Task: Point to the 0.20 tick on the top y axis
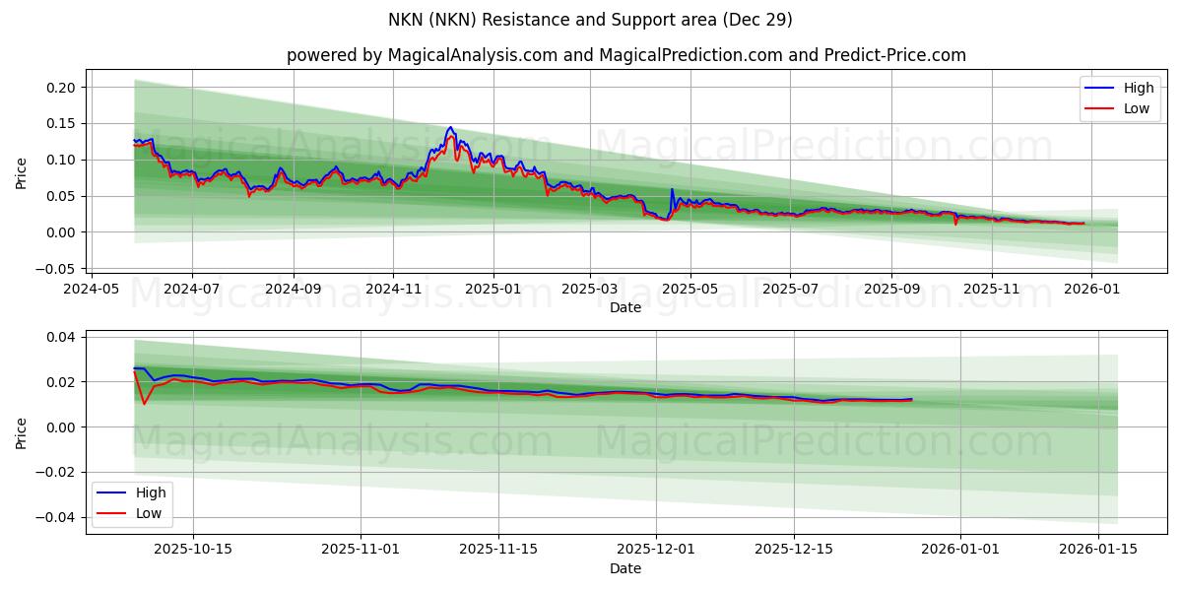(x=61, y=88)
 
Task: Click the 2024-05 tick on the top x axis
(x=92, y=290)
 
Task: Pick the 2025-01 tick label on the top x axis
(x=492, y=290)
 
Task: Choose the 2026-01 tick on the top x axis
(x=1092, y=290)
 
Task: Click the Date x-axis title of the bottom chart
(x=625, y=568)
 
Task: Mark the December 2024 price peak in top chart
(x=450, y=128)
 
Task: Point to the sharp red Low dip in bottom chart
(x=144, y=404)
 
